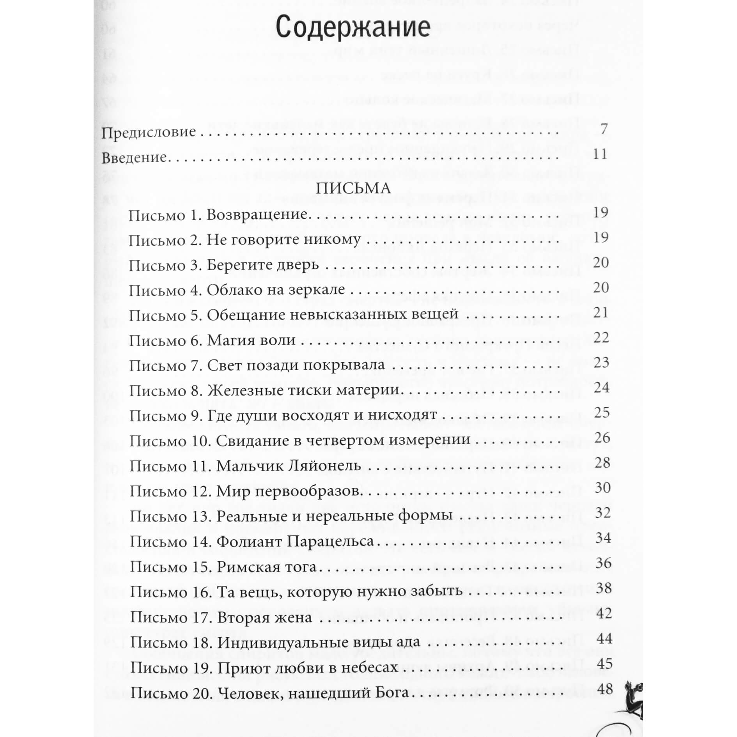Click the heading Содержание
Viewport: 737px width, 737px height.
(353, 27)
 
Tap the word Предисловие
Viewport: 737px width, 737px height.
(149, 132)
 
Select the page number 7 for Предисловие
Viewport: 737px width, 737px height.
(604, 129)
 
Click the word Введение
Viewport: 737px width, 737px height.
(134, 158)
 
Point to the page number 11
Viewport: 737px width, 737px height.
(600, 154)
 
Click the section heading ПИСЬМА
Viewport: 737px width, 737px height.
(353, 189)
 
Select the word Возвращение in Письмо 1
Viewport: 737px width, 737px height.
(257, 215)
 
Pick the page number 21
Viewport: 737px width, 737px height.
(601, 313)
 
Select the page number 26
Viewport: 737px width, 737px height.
(602, 438)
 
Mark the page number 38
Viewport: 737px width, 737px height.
(604, 588)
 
